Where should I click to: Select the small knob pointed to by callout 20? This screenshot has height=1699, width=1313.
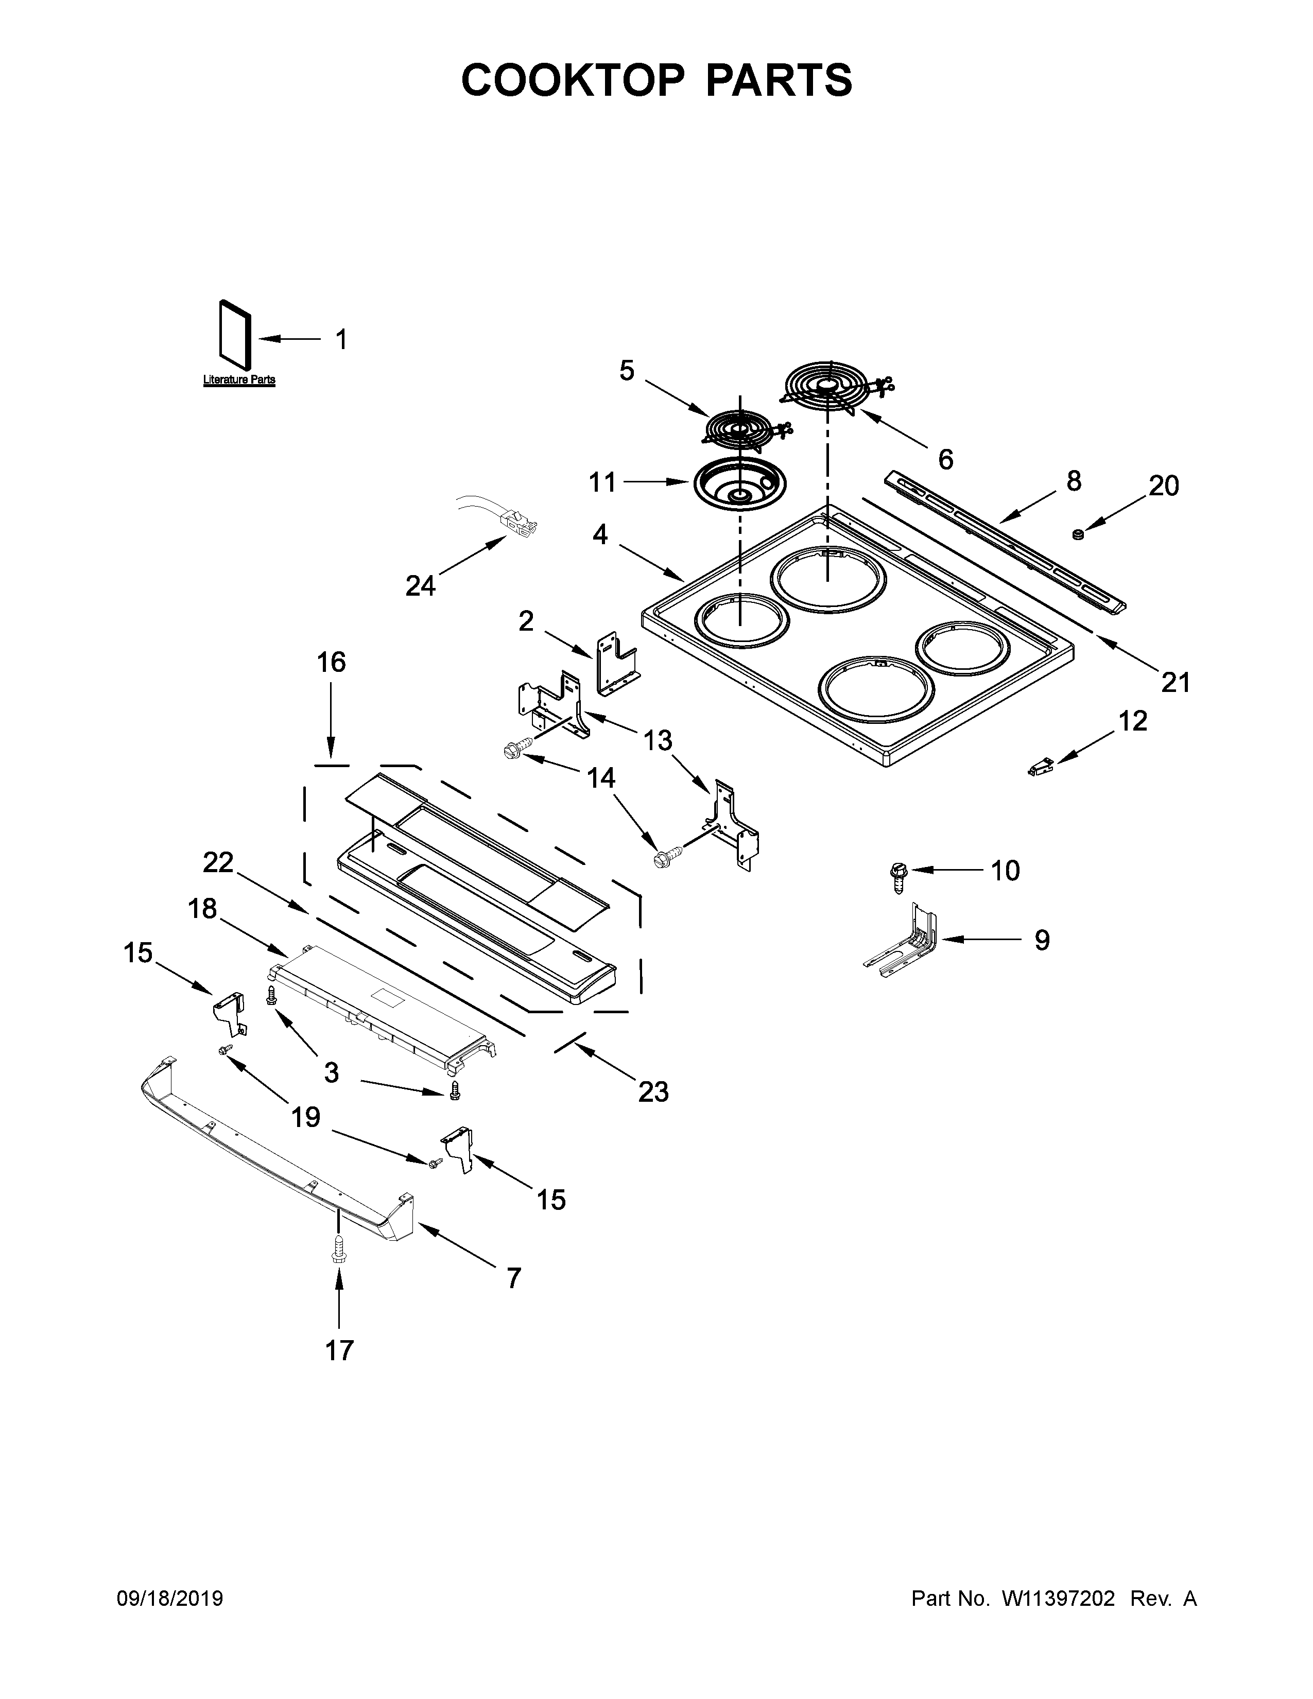(x=1078, y=534)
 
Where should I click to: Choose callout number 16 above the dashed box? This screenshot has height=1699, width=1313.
(x=332, y=663)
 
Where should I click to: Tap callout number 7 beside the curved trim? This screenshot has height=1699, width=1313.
(x=513, y=1278)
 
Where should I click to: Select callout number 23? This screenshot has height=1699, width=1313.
(x=653, y=1091)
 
